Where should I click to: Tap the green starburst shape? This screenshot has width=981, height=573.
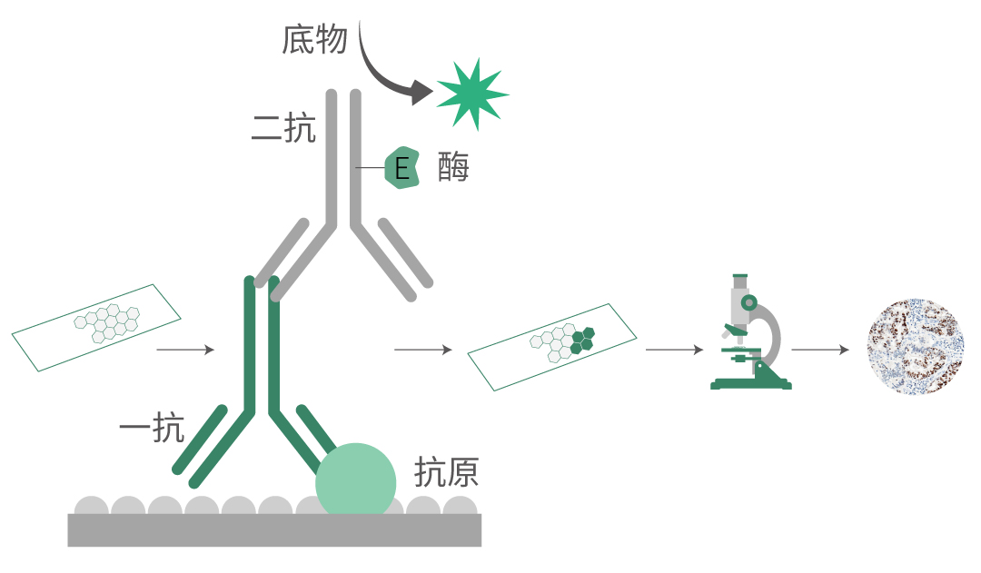tap(471, 92)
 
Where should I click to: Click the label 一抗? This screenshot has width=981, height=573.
tap(152, 428)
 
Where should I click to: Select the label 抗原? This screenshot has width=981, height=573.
tap(446, 472)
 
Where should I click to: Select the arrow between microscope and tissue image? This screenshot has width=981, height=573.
tap(820, 350)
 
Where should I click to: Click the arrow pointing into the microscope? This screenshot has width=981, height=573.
tap(674, 350)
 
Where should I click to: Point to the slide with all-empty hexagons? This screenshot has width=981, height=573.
tap(96, 327)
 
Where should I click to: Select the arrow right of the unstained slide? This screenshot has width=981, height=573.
tap(185, 350)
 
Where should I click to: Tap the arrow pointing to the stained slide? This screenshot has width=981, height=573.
tap(422, 350)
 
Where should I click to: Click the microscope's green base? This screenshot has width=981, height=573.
tap(751, 383)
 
